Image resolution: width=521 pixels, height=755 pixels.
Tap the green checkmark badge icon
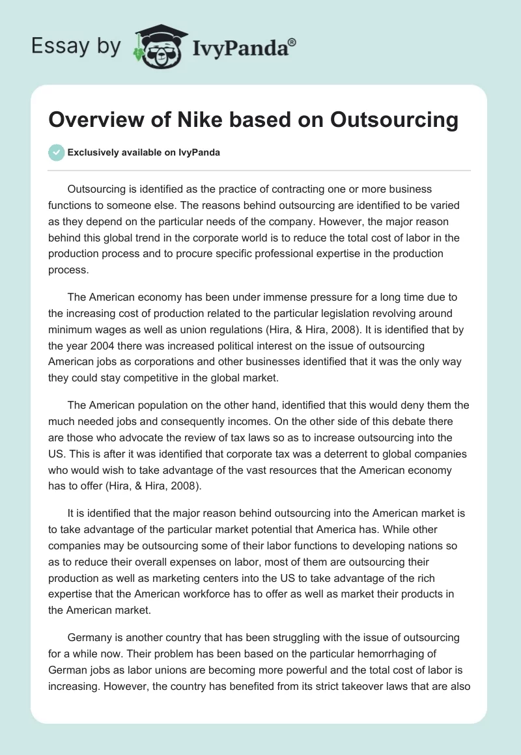click(x=57, y=152)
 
